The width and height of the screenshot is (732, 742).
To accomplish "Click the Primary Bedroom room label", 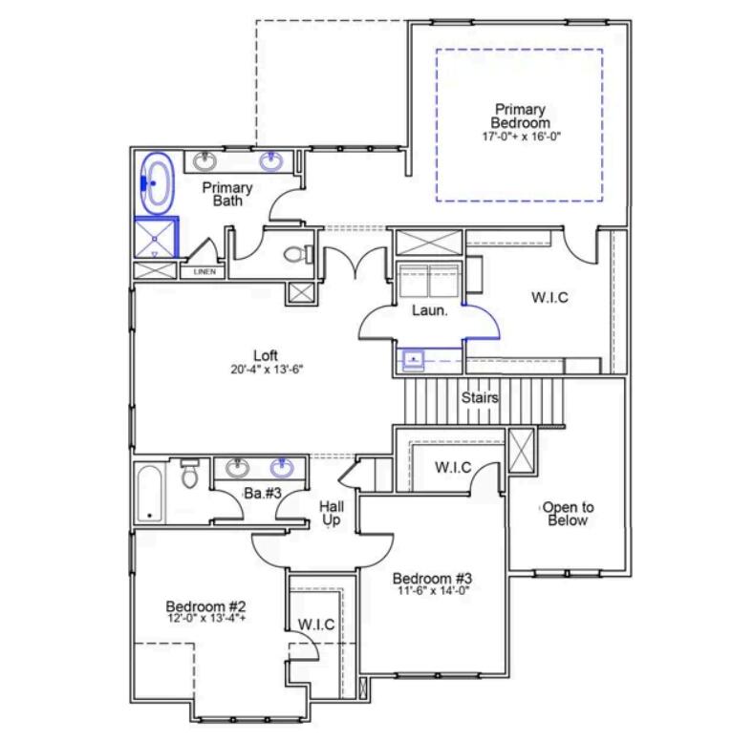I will (520, 116).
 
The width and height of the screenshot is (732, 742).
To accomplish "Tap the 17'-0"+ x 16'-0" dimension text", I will (520, 137).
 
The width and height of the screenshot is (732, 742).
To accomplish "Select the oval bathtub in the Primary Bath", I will (157, 182).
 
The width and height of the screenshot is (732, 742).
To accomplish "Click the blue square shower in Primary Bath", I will (155, 238).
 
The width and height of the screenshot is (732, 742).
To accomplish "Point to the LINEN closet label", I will (205, 272).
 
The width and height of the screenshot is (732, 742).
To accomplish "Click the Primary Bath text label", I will (227, 194).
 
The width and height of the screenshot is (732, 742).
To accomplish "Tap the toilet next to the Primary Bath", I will (301, 255).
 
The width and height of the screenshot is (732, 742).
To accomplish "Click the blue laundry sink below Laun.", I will (413, 360).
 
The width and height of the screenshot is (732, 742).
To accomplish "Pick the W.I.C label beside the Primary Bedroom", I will (549, 297).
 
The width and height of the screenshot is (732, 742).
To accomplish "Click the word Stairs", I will (479, 397).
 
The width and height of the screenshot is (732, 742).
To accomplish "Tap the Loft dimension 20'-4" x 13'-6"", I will (266, 370).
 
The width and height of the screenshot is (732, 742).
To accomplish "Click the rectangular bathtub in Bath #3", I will (149, 493).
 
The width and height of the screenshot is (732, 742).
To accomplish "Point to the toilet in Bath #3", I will (189, 475).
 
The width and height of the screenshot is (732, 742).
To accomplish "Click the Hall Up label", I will (331, 513).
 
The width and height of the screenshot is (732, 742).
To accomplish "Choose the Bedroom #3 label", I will (433, 578).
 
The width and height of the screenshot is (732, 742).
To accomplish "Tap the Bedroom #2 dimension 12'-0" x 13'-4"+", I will (206, 619).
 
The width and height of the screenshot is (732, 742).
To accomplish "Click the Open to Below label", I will (568, 514).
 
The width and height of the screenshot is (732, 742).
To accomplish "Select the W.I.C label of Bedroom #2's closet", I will (315, 625).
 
